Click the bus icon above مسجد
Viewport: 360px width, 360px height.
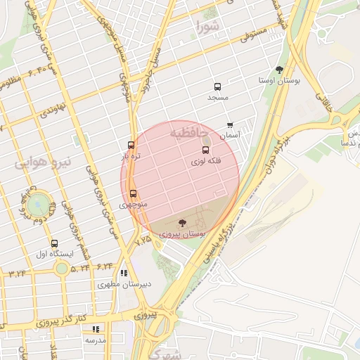click(x=217, y=87)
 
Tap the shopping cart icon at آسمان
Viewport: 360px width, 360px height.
click(x=230, y=125)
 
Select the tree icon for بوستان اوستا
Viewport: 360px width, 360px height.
click(x=280, y=70)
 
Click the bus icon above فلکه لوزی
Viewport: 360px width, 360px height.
click(x=206, y=150)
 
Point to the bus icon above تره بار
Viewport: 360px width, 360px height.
click(x=131, y=145)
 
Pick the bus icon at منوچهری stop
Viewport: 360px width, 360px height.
click(x=133, y=193)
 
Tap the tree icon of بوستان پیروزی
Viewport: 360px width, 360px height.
click(x=182, y=223)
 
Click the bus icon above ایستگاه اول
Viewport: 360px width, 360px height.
click(x=55, y=243)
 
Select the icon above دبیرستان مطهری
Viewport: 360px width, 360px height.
click(x=124, y=273)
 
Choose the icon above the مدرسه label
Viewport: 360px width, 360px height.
click(x=96, y=328)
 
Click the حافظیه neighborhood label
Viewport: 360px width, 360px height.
click(x=188, y=131)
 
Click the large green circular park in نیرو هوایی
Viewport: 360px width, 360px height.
click(x=39, y=205)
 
